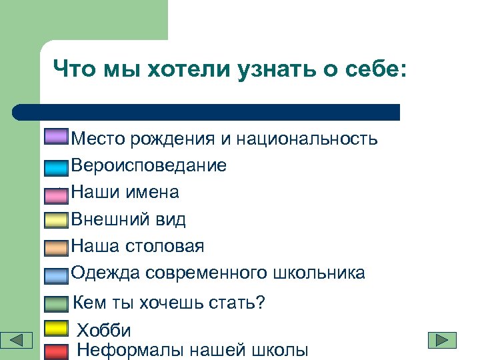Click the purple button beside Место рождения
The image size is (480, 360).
(55, 137)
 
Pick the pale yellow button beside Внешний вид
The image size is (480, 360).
(57, 220)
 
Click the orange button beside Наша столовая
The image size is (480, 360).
(57, 248)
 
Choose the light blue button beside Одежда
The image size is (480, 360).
(57, 275)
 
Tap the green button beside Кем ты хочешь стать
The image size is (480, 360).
(56, 304)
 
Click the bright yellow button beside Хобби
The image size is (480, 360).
(56, 328)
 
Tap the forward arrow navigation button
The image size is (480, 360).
(442, 340)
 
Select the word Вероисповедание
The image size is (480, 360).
(149, 165)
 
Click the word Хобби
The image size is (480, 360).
(104, 330)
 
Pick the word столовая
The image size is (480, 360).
(164, 246)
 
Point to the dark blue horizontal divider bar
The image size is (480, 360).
(207, 111)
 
